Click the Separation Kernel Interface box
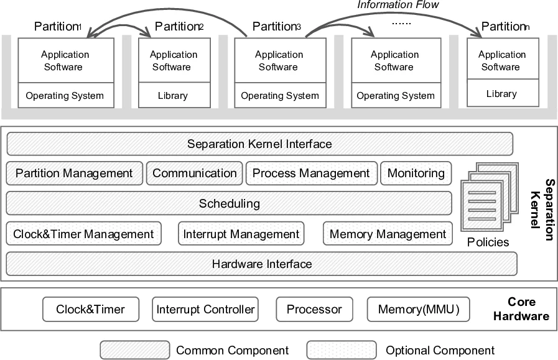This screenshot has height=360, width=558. (x=259, y=144)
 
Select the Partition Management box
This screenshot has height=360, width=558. (x=74, y=173)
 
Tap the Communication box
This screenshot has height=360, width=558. (x=194, y=173)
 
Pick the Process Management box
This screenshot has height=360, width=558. (x=310, y=173)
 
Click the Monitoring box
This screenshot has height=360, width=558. (x=416, y=173)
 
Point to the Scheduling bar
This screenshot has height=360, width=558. (x=229, y=204)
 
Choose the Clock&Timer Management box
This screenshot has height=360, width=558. (x=83, y=234)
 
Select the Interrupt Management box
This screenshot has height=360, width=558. (x=241, y=234)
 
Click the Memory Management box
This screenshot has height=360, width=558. (x=388, y=234)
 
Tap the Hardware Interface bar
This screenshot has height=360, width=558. (x=261, y=264)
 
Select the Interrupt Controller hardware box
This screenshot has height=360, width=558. (x=205, y=309)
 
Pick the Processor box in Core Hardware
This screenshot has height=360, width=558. (x=314, y=309)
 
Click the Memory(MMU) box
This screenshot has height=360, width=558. (x=418, y=309)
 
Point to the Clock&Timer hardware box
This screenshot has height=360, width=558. (x=90, y=309)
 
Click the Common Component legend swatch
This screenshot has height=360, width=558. (x=134, y=350)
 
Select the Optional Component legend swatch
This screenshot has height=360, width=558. (x=341, y=350)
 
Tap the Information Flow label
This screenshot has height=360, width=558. (x=398, y=5)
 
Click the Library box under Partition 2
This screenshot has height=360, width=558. (x=172, y=96)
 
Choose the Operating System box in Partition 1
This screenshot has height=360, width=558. (x=65, y=96)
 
